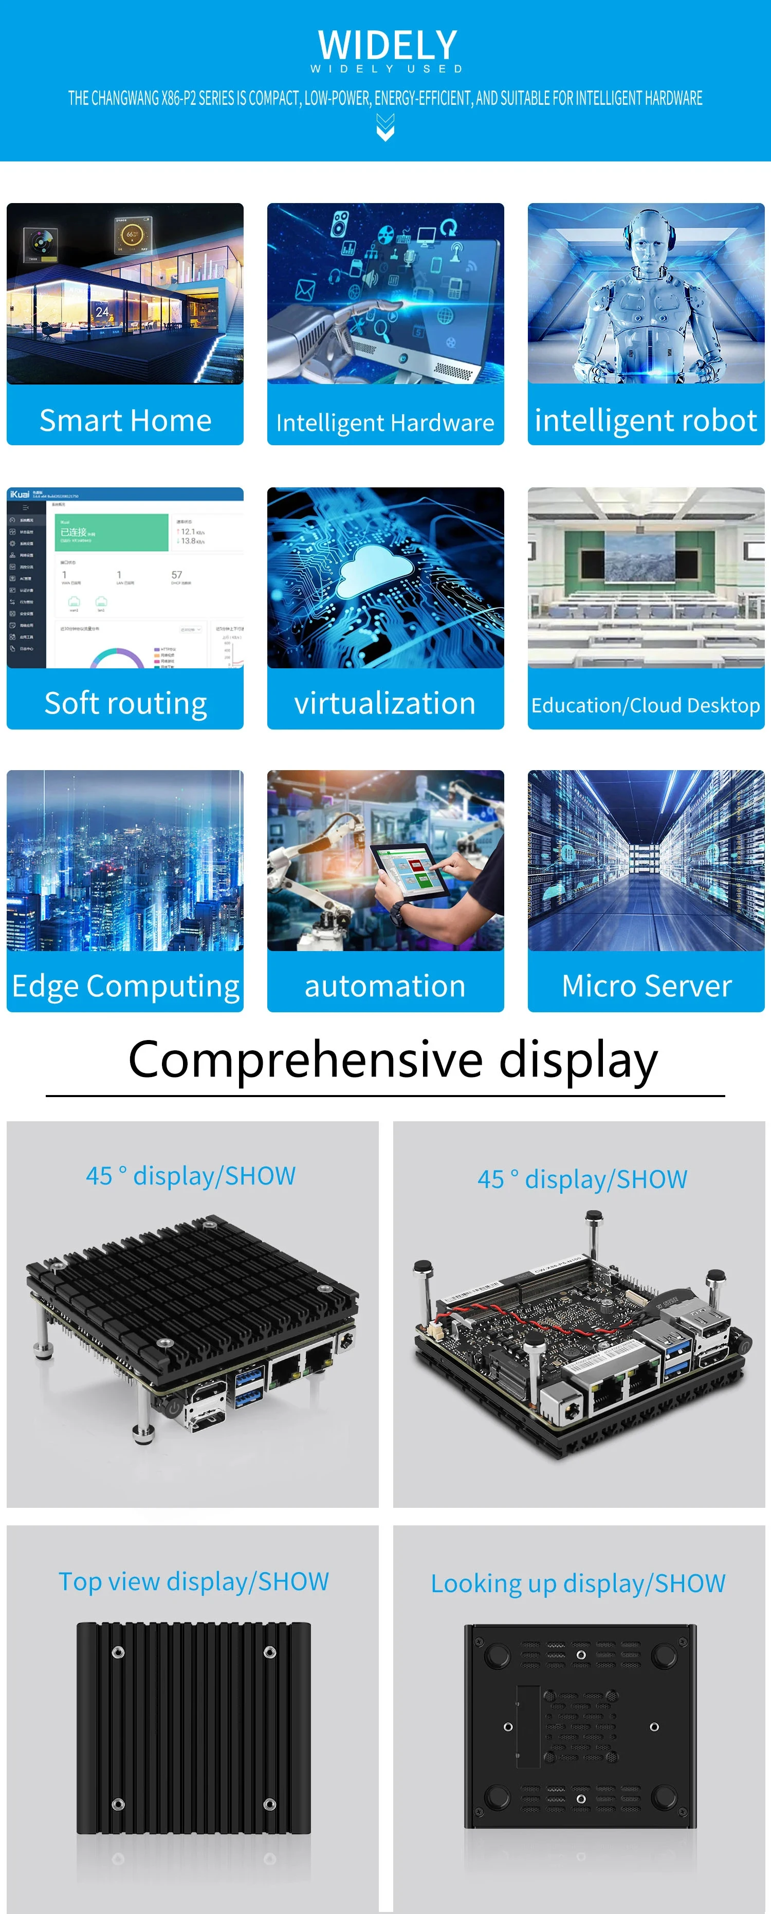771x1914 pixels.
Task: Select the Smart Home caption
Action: coord(125,421)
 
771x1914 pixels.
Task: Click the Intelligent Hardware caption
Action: coord(385,423)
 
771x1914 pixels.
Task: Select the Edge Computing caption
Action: coord(125,986)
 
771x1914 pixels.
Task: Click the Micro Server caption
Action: coord(646,986)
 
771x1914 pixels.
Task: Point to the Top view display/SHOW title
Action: coord(193,1581)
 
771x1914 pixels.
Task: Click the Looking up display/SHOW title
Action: coord(578,1583)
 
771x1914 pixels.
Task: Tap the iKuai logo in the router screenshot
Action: coord(20,494)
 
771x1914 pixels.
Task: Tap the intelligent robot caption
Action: coord(646,421)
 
